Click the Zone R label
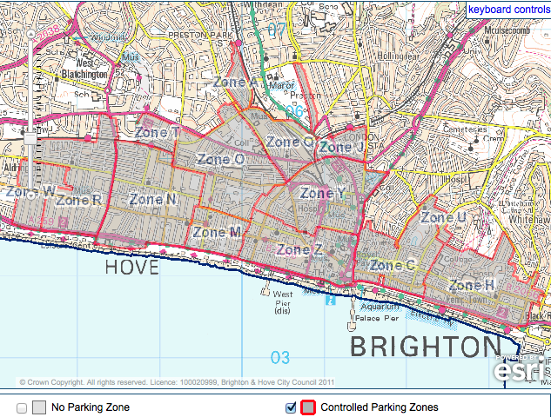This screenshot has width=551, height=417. (79, 200)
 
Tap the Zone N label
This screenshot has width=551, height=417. (153, 199)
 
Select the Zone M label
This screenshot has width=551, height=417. (217, 232)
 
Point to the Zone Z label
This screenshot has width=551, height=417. (300, 250)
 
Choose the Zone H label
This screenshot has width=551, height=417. (473, 285)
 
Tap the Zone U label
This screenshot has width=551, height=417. (443, 217)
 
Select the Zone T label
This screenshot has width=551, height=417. (158, 132)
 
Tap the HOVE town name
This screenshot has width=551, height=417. (131, 267)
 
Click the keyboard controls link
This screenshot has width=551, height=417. (508, 10)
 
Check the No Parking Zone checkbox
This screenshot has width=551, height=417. (22, 407)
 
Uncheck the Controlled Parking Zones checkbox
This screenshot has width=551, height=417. (292, 407)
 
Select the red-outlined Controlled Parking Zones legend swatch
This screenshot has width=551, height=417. (307, 407)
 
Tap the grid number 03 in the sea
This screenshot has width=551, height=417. (279, 357)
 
